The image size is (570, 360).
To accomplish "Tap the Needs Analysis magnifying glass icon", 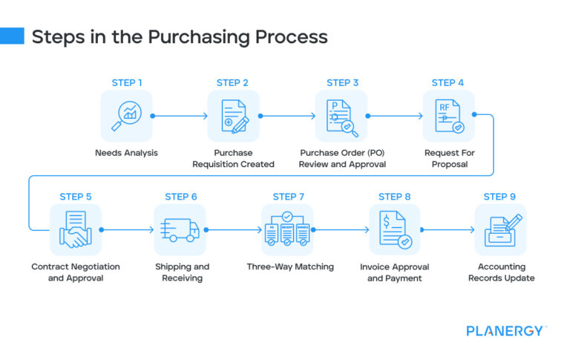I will [126, 117].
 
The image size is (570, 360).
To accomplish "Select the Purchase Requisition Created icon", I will [233, 117].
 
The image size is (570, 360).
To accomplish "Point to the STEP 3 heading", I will [342, 82].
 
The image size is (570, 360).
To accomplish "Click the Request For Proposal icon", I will [448, 117].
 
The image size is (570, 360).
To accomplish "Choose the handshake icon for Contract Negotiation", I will [76, 229].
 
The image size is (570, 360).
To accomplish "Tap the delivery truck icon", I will [180, 229].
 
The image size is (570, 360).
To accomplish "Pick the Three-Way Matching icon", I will [288, 229].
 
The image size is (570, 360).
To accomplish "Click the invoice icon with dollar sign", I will [394, 229].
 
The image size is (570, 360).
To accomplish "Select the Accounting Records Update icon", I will [500, 229].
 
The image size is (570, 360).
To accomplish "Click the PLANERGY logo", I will [505, 331].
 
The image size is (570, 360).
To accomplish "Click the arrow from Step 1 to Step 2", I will [180, 117].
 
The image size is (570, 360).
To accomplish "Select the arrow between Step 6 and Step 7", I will [234, 230].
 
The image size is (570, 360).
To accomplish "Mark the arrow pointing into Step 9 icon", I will [448, 230].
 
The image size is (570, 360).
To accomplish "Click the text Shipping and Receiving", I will [182, 272].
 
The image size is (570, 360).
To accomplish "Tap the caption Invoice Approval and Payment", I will [394, 272].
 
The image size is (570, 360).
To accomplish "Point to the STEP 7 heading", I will [289, 197].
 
